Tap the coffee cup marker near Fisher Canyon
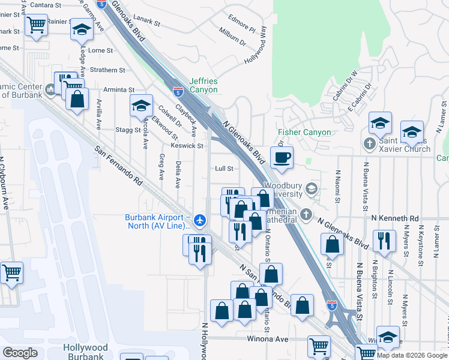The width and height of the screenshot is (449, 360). [282, 157]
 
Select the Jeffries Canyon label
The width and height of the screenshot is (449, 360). [203, 85]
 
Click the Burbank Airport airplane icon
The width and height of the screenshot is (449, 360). [200, 221]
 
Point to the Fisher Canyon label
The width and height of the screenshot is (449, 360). [304, 132]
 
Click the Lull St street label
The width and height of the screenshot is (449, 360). [224, 169]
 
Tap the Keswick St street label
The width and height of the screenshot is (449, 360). [187, 145]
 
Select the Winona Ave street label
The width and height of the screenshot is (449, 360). [267, 338]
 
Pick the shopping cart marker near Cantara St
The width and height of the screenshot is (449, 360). [36, 25]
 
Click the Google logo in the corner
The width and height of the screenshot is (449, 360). [20, 353]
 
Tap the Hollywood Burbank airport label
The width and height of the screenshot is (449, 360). [85, 352]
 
